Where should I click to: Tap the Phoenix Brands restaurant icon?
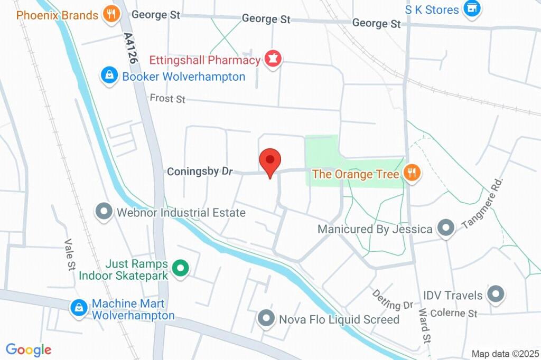(x=110, y=14)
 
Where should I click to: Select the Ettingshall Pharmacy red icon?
(x=273, y=59)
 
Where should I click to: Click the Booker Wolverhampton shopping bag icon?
(x=109, y=76)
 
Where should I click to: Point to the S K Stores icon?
(x=471, y=8)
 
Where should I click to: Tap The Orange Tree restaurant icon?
(x=411, y=172)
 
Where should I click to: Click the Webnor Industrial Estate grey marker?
(x=104, y=212)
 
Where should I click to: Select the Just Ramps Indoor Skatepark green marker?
(x=181, y=269)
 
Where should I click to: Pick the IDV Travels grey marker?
(x=496, y=294)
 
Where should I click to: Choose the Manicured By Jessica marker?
(x=446, y=229)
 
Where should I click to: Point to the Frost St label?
(x=167, y=99)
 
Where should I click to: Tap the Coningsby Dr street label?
(x=200, y=172)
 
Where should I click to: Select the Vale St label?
(x=69, y=255)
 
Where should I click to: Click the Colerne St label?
(x=454, y=312)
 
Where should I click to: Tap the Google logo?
(x=29, y=349)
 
